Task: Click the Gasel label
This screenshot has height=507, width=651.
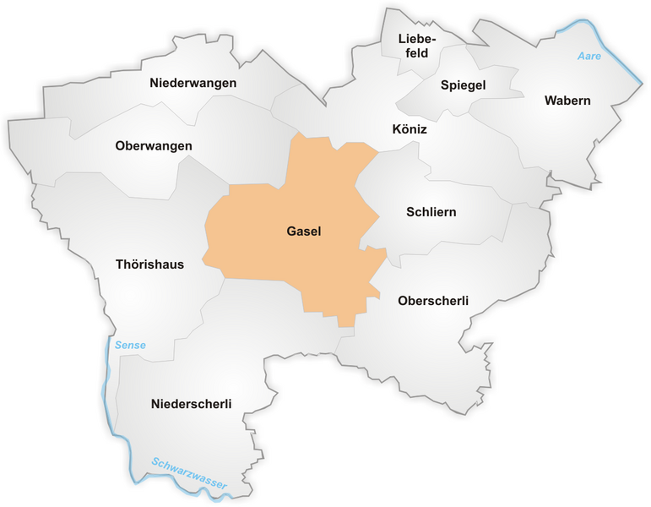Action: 304,232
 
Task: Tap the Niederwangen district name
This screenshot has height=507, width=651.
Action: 193,83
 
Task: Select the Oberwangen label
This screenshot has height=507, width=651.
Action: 154,146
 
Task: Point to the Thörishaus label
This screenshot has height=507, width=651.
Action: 149,264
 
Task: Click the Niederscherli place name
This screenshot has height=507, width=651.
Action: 192,404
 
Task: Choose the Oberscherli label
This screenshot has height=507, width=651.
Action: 432,301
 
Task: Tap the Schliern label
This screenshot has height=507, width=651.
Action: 431,212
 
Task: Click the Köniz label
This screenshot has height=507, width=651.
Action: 410,130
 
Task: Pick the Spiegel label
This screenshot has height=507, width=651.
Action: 463,85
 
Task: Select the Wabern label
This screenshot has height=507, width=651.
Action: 567,101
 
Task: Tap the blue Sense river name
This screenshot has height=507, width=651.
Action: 131,345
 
